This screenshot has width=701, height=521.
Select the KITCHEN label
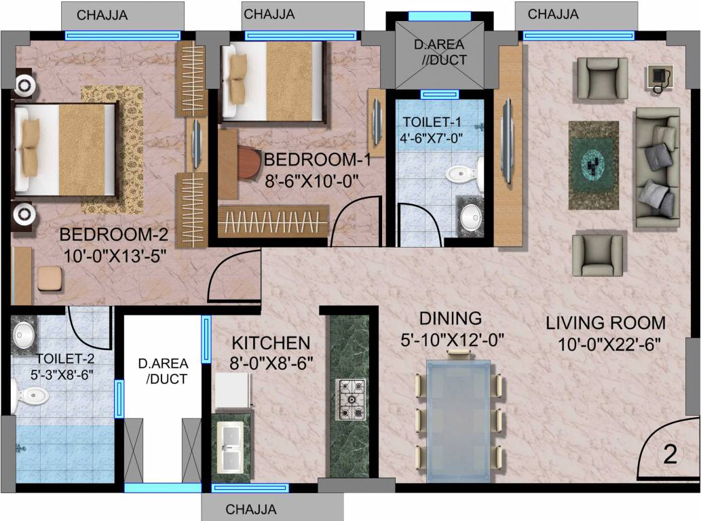click(x=271, y=343)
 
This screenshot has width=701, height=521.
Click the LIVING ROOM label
click(x=606, y=323)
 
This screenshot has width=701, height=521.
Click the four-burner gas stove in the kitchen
click(x=351, y=401)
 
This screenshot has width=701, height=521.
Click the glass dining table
click(x=459, y=421)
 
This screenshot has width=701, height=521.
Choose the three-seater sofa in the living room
click(x=657, y=167)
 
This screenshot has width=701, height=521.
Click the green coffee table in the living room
click(x=593, y=165)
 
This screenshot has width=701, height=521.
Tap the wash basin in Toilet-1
click(x=469, y=218)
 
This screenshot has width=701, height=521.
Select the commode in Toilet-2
click(x=31, y=395)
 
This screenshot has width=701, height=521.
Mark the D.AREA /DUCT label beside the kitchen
click(x=163, y=371)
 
